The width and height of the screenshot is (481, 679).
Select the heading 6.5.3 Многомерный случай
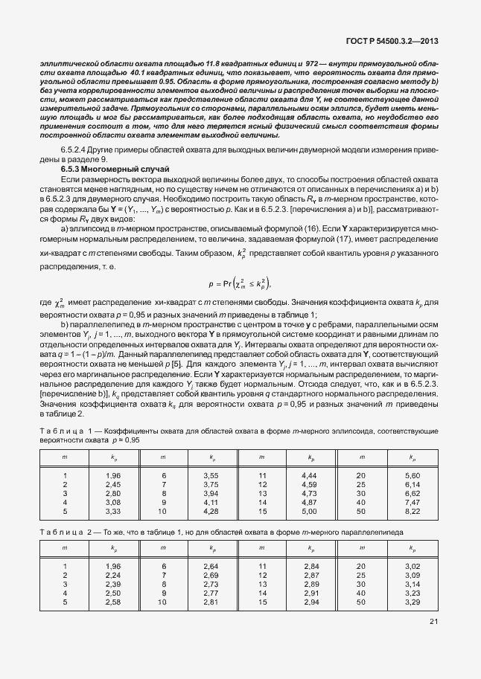(115, 170)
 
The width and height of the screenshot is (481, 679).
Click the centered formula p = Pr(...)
(239, 283)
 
